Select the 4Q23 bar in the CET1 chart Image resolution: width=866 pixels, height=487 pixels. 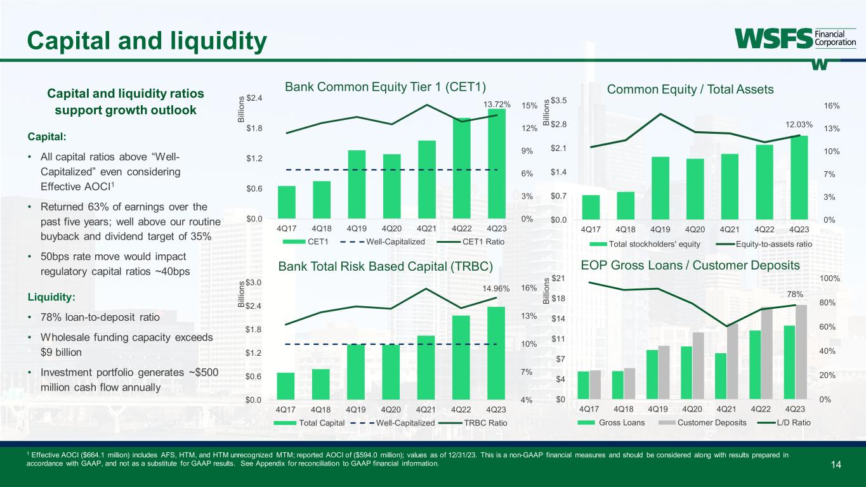point(497,164)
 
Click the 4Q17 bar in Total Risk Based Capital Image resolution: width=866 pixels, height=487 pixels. point(286,386)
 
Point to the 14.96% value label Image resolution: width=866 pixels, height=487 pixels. point(496,289)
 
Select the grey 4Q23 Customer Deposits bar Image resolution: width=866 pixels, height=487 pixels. point(802,352)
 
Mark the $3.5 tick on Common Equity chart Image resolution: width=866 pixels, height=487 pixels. point(559,100)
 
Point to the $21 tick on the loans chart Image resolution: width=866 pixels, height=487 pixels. point(559,278)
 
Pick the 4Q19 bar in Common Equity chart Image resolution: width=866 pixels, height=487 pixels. point(660,188)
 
